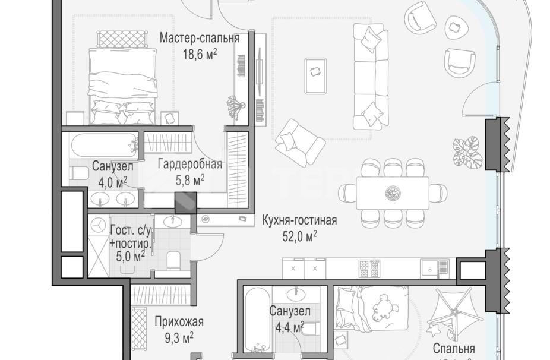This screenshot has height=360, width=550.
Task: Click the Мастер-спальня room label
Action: click(199, 39)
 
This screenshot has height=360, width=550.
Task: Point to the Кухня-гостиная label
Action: click(299, 221)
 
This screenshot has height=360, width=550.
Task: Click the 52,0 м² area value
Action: click(299, 236)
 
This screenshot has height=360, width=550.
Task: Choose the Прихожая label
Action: click(179, 323)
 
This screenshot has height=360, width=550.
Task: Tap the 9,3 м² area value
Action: click(179, 338)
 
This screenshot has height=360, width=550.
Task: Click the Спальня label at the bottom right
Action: click(453, 348)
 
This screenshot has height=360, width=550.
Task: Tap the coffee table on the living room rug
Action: click(315, 75)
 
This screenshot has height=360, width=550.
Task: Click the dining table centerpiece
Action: click(392, 192)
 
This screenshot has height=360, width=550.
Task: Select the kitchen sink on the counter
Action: click(435, 269)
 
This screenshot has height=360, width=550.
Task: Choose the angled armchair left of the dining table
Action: click(299, 141)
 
